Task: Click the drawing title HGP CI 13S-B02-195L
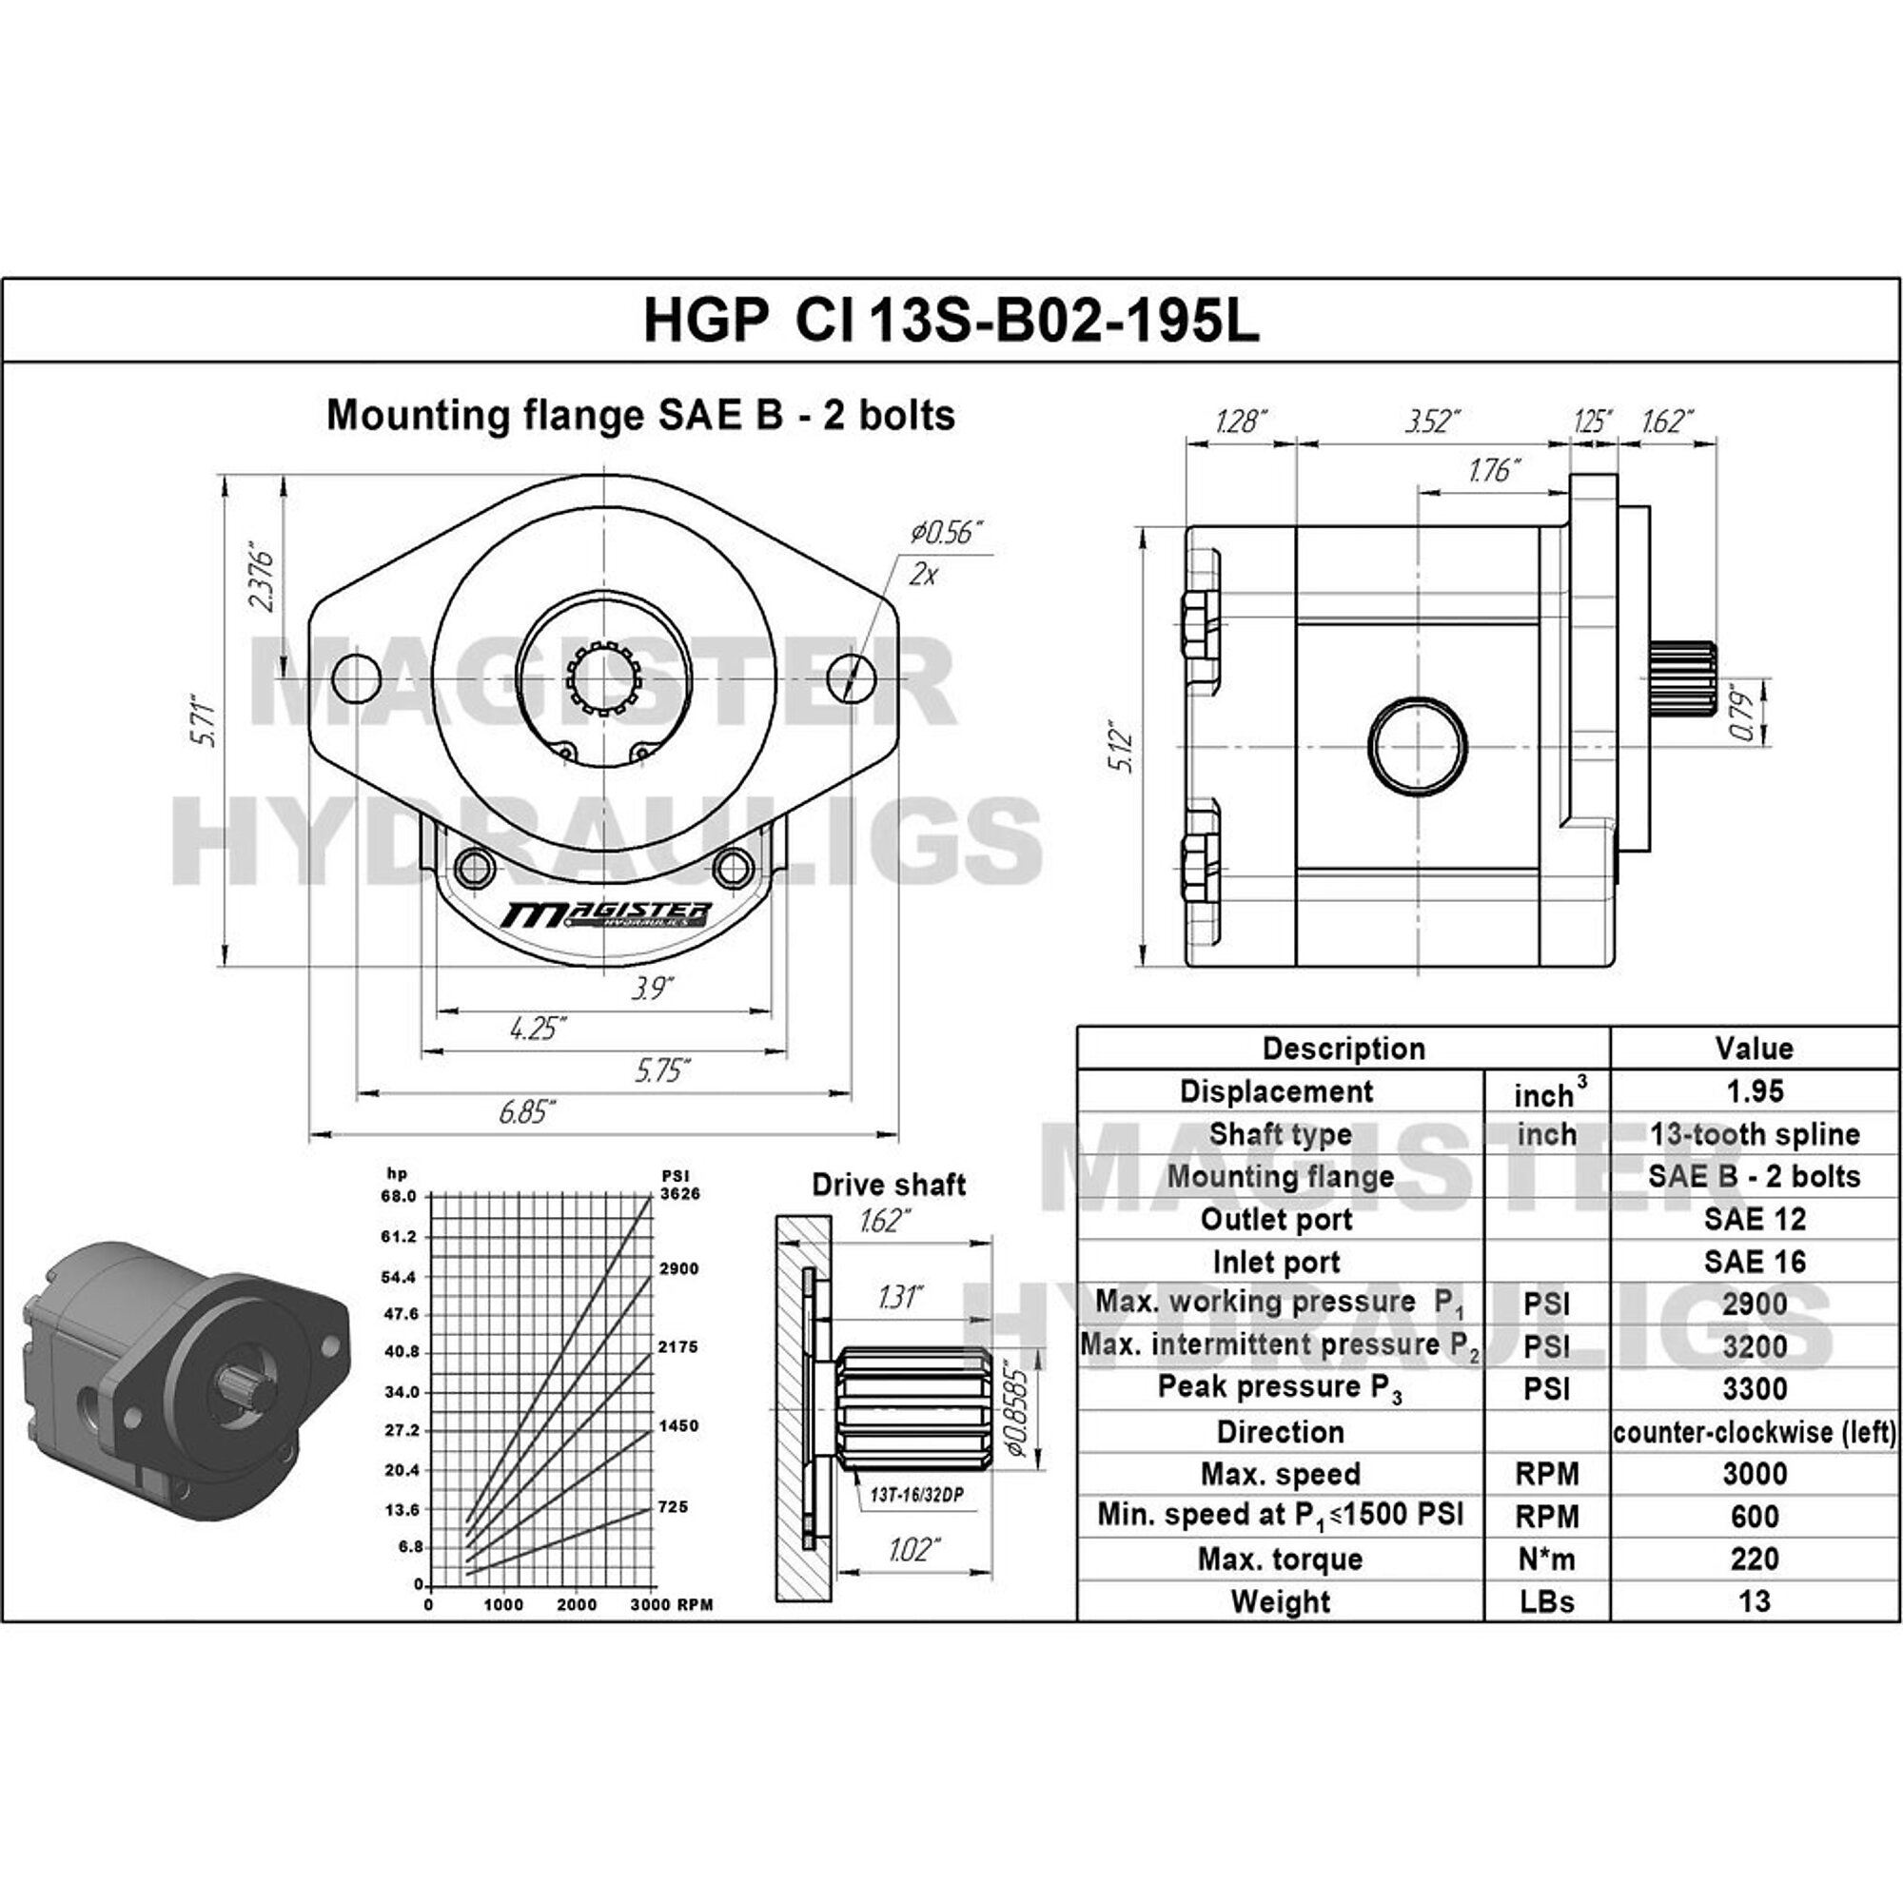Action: (951, 320)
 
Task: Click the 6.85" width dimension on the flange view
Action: (527, 1112)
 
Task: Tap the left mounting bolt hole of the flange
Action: (357, 677)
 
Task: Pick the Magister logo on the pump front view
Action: (604, 915)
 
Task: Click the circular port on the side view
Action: (1418, 745)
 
